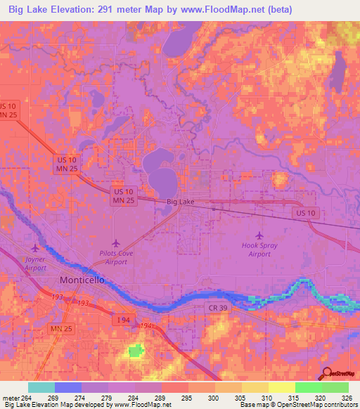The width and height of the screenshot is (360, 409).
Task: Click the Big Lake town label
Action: click(181, 202)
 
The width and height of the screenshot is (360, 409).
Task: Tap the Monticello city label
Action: click(82, 280)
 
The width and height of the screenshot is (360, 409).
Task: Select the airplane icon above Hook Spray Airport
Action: click(260, 235)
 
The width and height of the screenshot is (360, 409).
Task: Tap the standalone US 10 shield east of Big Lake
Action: click(307, 212)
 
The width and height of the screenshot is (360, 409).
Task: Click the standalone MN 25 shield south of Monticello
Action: click(61, 328)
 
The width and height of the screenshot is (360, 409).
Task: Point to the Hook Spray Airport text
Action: click(260, 249)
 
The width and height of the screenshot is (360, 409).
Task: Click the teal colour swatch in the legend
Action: click(41, 387)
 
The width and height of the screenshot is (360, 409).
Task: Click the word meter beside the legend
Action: click(10, 398)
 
